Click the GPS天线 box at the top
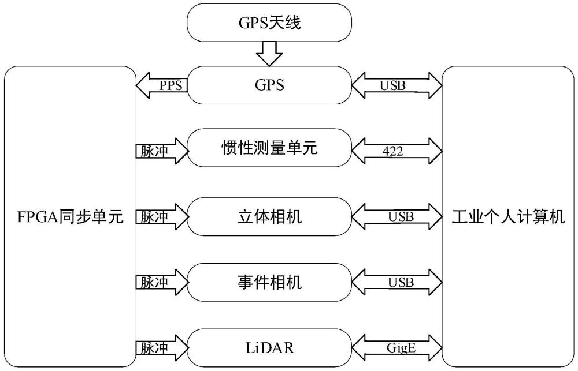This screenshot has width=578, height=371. coord(269,23)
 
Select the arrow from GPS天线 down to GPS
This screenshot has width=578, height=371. coord(269,54)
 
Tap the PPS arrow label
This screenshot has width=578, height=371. coord(171,86)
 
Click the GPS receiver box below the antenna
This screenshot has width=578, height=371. coord(269,85)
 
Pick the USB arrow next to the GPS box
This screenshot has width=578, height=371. coord(397,85)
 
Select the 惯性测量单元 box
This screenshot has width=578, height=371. coord(269,148)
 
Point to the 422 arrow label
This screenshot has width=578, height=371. coord(393,151)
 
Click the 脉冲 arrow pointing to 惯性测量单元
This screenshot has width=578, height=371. coord(162,151)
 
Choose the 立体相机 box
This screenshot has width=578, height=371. coord(269,216)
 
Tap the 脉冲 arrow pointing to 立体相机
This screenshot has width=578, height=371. coord(162,217)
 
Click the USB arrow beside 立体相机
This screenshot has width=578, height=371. coord(397,216)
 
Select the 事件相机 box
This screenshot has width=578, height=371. coord(269,282)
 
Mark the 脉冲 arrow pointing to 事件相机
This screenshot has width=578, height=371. coord(162,282)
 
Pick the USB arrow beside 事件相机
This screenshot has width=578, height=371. coord(397,282)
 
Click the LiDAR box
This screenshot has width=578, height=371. coord(269,348)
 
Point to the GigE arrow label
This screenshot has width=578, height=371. coord(401,348)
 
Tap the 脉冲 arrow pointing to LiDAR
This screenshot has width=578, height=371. coord(162,348)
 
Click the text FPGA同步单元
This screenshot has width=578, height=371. coord(70,217)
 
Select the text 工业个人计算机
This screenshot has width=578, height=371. coord(508,217)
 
